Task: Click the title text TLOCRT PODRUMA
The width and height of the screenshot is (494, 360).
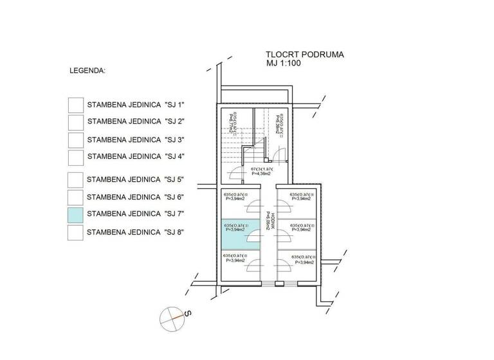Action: click(304, 55)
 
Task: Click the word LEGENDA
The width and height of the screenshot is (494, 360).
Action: click(87, 70)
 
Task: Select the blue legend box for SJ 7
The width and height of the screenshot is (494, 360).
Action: click(76, 214)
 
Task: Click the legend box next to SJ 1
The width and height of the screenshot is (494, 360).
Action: click(76, 104)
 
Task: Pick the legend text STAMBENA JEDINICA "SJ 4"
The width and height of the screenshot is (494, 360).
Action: click(135, 156)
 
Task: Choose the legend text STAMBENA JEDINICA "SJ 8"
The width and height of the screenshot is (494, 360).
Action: click(135, 232)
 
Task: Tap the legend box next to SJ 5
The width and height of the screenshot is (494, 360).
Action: click(76, 179)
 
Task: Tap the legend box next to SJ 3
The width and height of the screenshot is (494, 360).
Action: click(76, 139)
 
